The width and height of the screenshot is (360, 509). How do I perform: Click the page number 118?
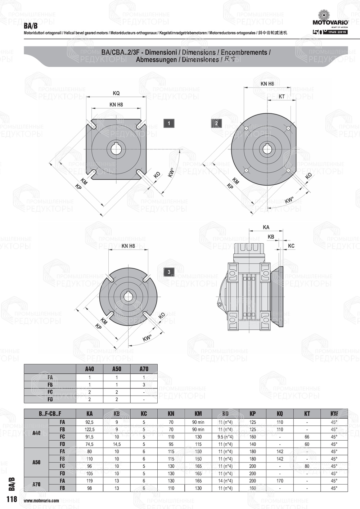pos(12,499)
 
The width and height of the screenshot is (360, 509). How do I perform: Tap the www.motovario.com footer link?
pos(41,501)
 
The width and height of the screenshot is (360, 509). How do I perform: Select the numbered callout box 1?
pos(169,123)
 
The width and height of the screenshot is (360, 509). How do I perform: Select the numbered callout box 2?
pos(216,123)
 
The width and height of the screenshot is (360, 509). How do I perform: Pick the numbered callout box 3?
pos(169,272)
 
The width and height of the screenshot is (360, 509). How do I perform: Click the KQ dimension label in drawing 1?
pos(116,93)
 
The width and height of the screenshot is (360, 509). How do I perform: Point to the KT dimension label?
pos(282,96)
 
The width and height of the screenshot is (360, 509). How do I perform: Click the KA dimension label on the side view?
pos(266,227)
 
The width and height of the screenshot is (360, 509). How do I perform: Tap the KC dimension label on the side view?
pos(291,246)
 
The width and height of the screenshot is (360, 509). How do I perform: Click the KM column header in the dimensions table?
pos(198,414)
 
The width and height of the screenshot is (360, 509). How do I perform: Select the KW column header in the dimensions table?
pos(334,414)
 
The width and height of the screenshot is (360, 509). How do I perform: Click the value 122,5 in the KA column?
pos(90,429)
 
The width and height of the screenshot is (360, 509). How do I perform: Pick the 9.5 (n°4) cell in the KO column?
pos(225,437)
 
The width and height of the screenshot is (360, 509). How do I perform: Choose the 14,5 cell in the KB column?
pos(117,444)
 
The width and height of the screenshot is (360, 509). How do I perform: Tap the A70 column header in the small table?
pos(144,369)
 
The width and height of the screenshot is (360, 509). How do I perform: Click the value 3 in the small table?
pos(144,384)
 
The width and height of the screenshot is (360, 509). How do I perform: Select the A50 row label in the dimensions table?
pos(36,462)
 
